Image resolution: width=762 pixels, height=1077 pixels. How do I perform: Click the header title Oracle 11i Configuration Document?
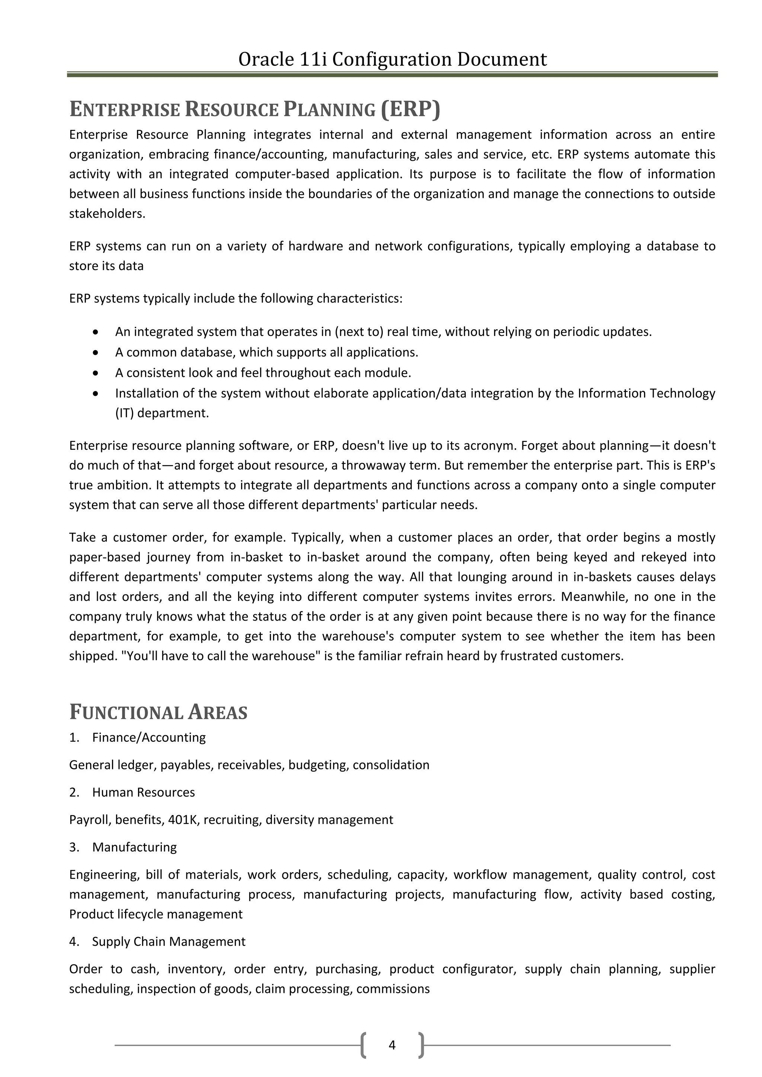392,59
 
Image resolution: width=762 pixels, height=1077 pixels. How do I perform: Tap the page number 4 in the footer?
392,1045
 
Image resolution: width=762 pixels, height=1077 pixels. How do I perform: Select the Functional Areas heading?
158,712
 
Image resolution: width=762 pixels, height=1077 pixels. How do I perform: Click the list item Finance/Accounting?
149,737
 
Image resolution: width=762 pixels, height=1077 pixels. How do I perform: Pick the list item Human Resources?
143,792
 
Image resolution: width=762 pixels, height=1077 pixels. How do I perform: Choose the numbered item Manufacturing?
134,847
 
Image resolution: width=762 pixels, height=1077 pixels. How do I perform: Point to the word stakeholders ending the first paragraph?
107,214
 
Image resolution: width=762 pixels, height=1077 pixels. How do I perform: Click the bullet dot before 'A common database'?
96,352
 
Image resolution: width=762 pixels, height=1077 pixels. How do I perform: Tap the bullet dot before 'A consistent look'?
96,373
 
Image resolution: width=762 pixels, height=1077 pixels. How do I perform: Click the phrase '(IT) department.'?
162,413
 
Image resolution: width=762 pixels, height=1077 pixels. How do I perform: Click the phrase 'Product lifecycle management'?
156,914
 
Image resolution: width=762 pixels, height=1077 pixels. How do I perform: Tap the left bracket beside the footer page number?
364,1045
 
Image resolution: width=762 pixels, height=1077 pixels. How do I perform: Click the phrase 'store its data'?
106,266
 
